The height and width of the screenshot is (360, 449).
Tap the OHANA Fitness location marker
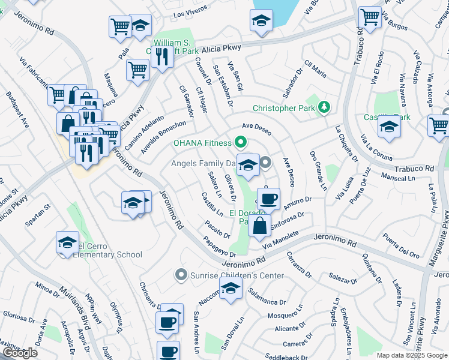[241, 143]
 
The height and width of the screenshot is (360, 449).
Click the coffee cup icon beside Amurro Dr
[268, 198]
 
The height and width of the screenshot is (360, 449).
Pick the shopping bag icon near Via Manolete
[260, 226]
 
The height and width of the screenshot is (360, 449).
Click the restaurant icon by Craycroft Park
[161, 57]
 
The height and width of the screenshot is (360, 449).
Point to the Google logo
[20, 353]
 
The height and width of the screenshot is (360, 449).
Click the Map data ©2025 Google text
[411, 355]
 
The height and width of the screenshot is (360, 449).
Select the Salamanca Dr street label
[266, 301]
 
